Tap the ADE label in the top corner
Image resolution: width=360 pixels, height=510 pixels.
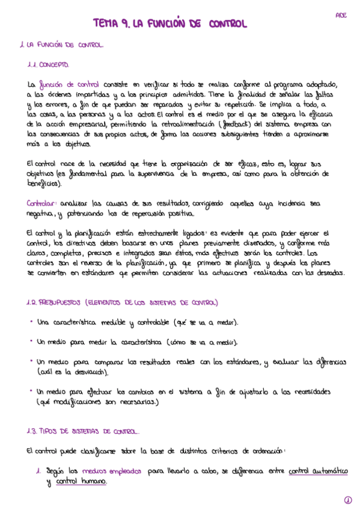(340, 14)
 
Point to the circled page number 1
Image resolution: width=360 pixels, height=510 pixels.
(347, 499)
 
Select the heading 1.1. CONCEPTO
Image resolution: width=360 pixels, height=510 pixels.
(48, 64)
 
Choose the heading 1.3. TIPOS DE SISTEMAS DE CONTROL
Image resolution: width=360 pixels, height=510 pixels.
(83, 431)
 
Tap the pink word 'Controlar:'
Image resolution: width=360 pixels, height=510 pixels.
(43, 203)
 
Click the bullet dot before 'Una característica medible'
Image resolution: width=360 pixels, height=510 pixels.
(31, 322)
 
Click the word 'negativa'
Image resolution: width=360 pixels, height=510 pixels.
(41, 214)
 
